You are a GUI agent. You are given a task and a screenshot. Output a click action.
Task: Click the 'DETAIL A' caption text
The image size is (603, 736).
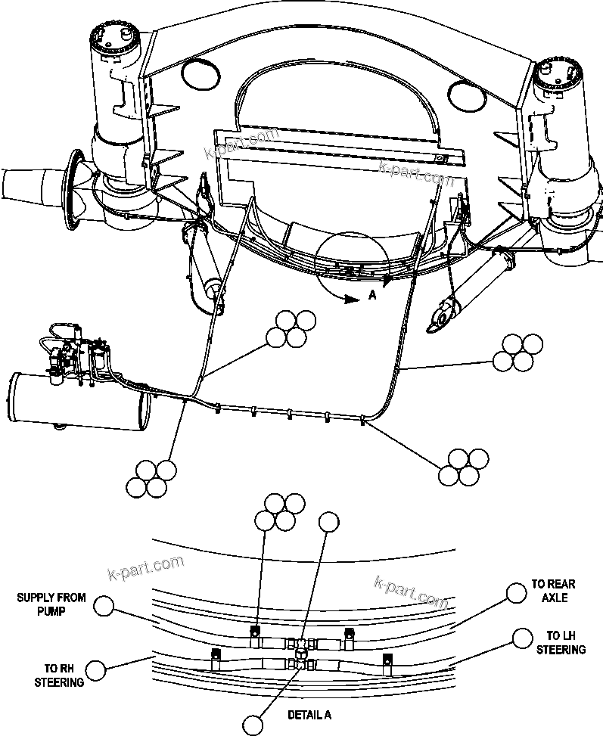(309, 714)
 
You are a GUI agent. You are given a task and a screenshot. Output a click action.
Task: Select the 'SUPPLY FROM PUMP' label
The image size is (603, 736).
(51, 604)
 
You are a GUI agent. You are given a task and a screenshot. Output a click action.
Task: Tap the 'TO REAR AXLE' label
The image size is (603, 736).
(552, 591)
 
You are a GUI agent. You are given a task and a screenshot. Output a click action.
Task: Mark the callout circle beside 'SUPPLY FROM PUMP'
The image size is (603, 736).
(105, 605)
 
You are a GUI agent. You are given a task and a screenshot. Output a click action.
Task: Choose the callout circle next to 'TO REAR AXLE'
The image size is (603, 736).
(516, 592)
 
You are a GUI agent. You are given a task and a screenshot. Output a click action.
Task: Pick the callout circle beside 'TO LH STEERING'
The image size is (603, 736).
(521, 638)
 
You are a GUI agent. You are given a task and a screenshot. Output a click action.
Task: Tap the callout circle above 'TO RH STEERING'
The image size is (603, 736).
(96, 669)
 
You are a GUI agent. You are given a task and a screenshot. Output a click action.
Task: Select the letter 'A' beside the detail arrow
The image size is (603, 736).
(371, 297)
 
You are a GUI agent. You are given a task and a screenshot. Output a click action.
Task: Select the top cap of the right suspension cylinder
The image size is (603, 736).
(558, 72)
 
